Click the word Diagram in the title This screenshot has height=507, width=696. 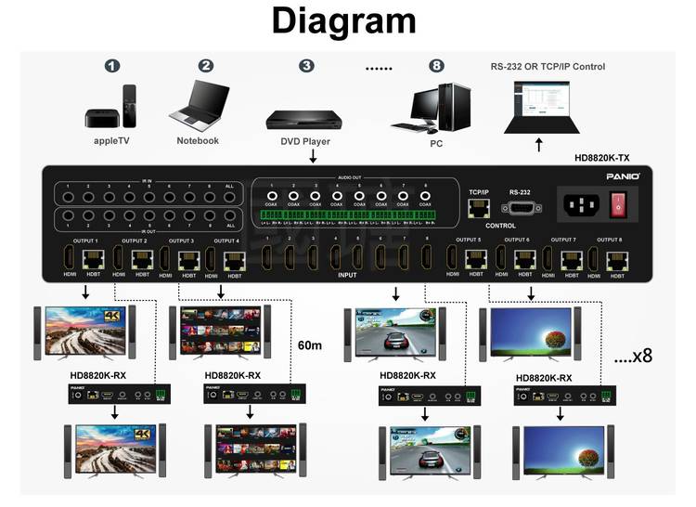(343, 22)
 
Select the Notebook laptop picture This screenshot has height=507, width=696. (199, 106)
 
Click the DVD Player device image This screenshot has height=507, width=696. (305, 119)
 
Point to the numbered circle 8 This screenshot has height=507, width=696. (436, 66)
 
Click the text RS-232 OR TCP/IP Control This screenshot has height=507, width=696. (548, 67)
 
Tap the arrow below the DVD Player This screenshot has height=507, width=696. (313, 157)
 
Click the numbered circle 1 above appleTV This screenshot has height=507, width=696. (112, 66)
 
